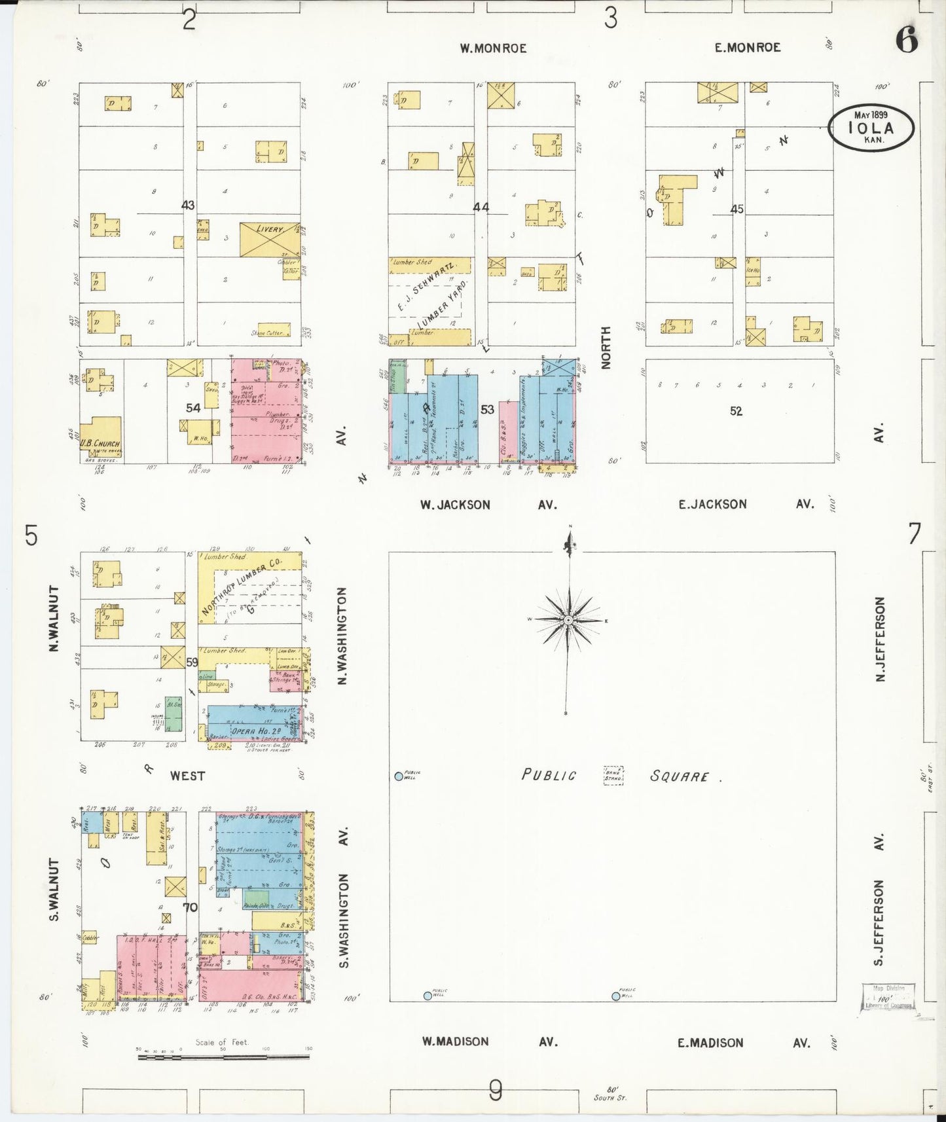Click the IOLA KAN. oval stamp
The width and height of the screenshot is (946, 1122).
pos(871,126)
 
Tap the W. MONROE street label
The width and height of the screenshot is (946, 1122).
pos(492,48)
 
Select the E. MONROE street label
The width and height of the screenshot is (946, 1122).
pos(747,47)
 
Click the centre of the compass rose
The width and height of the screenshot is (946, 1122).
pos(569,619)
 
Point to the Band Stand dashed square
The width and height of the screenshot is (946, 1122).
pos(613,775)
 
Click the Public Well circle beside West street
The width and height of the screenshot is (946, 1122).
pos(399,776)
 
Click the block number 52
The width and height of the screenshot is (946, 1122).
pos(737,411)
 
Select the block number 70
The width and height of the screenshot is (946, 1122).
pos(191,907)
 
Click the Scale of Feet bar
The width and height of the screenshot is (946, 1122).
pos(224,1057)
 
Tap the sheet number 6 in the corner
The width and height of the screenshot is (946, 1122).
pos(907,41)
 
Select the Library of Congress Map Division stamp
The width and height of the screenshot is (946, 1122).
pos(888,997)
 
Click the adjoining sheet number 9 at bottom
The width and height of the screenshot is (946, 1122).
pos(496,1090)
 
